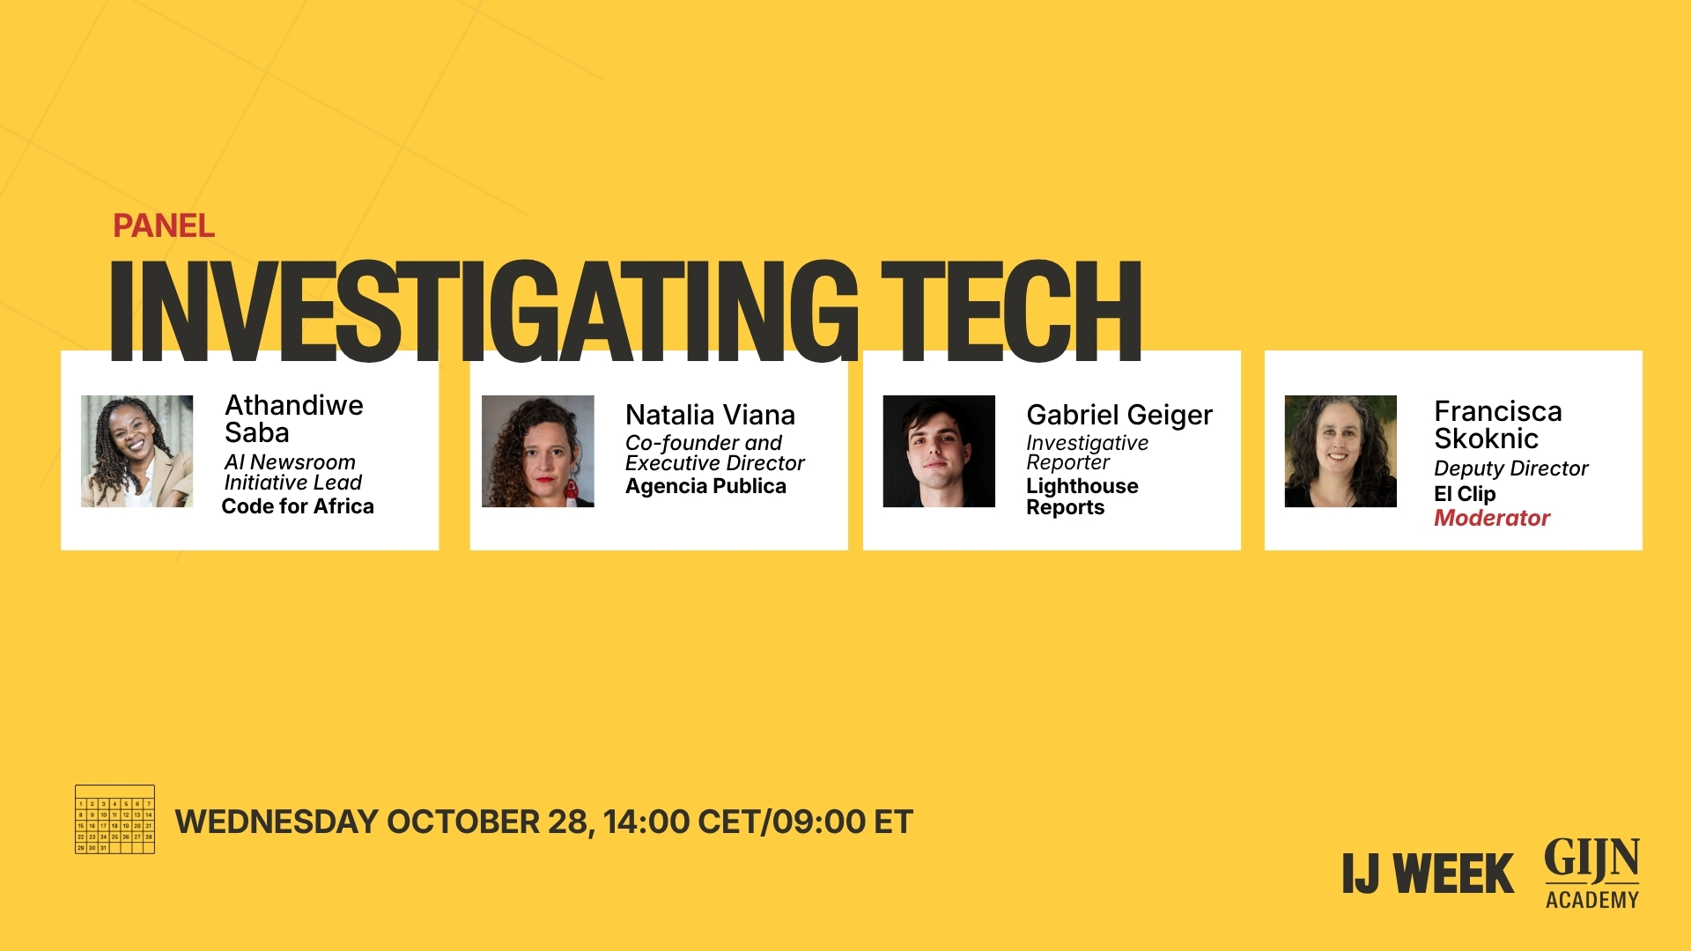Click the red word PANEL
pos(164,226)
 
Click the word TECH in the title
pos(1010,311)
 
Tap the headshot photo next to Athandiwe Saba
pos(137,451)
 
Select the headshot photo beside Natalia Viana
pos(537,451)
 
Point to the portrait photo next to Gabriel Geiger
pos(939,451)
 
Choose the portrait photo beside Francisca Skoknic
pos(1340,451)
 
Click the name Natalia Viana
pos(710,415)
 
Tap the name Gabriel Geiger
pos(1119,415)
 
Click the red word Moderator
pos(1492,518)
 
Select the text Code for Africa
pos(298,506)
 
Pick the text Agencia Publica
pos(705,486)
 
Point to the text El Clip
pos(1465,494)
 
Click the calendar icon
pos(114,819)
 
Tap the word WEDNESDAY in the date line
pos(277,822)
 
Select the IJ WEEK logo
pos(1428,874)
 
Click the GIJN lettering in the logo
pos(1591,859)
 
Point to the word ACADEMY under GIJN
pos(1591,900)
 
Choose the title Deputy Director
pos(1510,468)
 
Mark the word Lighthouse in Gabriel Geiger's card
pos(1082,486)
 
